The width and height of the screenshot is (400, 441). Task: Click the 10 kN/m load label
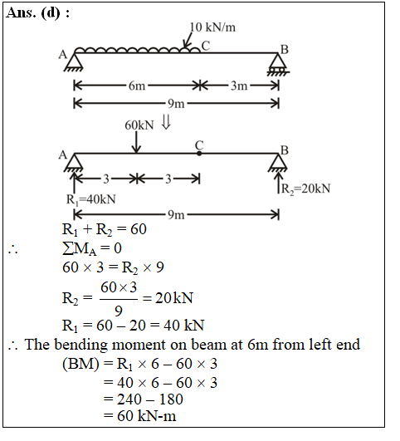212,27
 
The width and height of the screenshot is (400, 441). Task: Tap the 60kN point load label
139,125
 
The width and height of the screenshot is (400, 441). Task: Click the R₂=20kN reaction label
306,189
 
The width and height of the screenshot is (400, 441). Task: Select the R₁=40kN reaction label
90,199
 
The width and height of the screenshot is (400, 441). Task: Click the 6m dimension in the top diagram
137,86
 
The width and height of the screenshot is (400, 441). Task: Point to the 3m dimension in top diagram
239,86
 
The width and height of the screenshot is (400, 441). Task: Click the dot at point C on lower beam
199,154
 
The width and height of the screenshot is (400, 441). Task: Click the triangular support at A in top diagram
74,62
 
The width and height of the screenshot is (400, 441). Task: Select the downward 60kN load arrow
136,142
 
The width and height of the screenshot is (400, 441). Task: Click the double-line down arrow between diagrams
166,123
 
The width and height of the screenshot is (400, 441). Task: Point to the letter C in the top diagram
206,46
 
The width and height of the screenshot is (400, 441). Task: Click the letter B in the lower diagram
285,150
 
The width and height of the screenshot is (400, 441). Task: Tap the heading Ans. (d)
37,12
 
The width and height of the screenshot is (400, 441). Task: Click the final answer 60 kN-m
146,416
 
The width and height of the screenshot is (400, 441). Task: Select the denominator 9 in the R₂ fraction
119,311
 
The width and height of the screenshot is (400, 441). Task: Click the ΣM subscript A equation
92,248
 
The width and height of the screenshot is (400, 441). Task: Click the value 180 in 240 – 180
171,399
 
